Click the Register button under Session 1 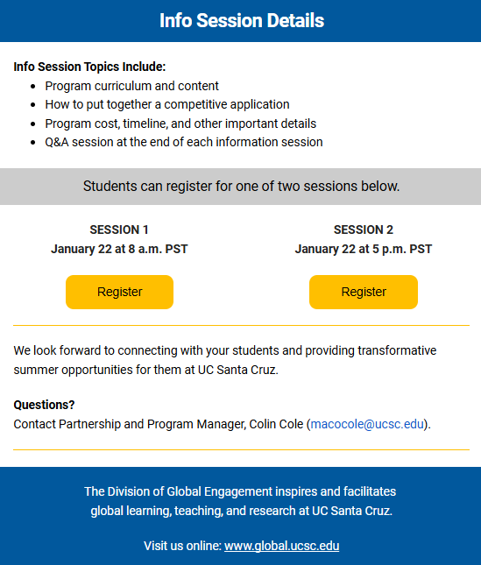[119, 292]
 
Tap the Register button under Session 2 [363, 292]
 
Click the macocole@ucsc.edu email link [367, 424]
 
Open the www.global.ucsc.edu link [281, 546]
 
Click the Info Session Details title [241, 20]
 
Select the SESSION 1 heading [119, 230]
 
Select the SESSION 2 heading [363, 230]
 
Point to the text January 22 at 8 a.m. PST [119, 249]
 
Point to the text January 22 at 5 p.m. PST [363, 249]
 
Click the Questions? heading [44, 405]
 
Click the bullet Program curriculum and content [131, 86]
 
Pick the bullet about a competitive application [166, 104]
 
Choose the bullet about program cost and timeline [180, 124]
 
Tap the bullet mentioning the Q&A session [183, 142]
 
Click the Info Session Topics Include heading [89, 67]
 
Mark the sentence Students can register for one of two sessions [241, 186]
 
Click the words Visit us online [181, 546]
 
